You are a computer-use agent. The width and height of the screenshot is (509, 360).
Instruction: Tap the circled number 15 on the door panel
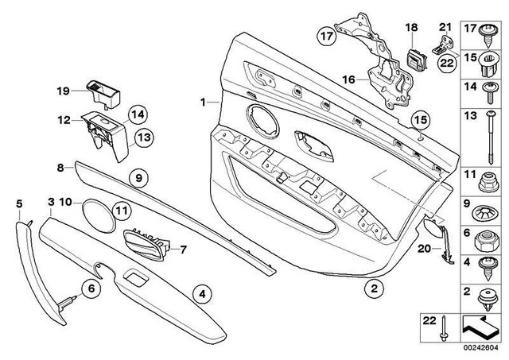click(x=419, y=120)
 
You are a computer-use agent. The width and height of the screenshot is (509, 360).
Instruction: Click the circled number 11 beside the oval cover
click(x=119, y=211)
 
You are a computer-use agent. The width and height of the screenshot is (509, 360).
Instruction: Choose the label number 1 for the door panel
click(x=203, y=102)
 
